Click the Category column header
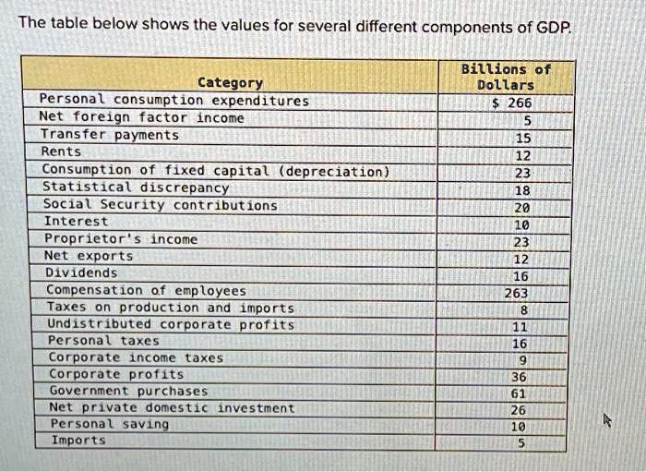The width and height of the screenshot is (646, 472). coord(230,82)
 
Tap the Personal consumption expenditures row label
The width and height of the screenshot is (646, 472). coord(173,100)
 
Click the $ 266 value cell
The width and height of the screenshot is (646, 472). coord(507,103)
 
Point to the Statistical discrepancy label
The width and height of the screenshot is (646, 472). coord(136,187)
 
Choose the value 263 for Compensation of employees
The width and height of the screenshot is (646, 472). coord(515,294)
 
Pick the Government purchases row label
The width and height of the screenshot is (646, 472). coord(128,391)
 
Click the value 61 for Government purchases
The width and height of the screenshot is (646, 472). coord(519,393)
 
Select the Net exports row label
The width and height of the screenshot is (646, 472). coord(89,256)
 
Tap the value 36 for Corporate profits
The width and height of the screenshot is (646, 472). coord(520,376)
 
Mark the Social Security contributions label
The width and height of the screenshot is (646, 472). coord(160,204)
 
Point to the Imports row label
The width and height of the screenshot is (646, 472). coord(78,441)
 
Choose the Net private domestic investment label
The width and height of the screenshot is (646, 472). coord(172,407)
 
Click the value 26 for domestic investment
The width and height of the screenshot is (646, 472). coord(520,409)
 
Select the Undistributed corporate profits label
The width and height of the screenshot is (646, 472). coord(171,324)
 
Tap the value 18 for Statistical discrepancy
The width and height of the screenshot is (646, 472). coord(522,190)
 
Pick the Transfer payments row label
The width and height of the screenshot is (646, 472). coord(110,135)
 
